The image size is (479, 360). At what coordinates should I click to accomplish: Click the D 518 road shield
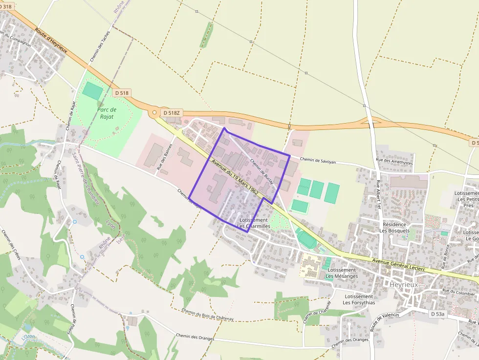tap(123, 93)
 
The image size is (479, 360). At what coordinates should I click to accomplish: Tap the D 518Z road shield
tap(172, 113)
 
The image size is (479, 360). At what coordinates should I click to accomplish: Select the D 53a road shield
tap(438, 313)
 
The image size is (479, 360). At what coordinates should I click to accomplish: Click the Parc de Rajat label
tap(106, 113)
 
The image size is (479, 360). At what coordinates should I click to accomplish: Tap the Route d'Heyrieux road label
tap(51, 40)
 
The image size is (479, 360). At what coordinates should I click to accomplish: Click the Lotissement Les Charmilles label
tap(254, 223)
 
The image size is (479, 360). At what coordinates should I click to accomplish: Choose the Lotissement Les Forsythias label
tap(359, 299)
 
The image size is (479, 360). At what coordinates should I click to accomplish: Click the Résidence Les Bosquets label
tap(394, 227)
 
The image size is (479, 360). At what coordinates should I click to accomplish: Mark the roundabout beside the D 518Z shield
tap(154, 113)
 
